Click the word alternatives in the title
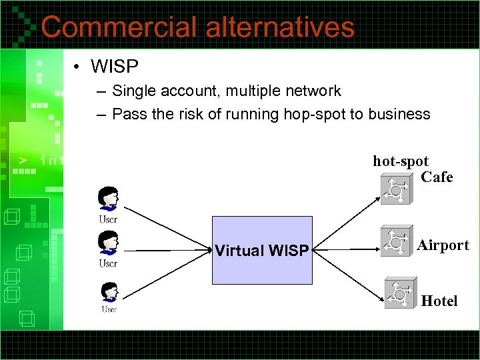pyautogui.click(x=280, y=27)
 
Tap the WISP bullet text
pyautogui.click(x=114, y=67)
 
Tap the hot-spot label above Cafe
pyautogui.click(x=400, y=161)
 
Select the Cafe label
pyautogui.click(x=437, y=177)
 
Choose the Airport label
pyautogui.click(x=443, y=245)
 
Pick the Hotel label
pyautogui.click(x=439, y=301)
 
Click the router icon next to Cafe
pyautogui.click(x=396, y=188)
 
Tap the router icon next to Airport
pyautogui.click(x=396, y=241)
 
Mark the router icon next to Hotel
pyautogui.click(x=400, y=293)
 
